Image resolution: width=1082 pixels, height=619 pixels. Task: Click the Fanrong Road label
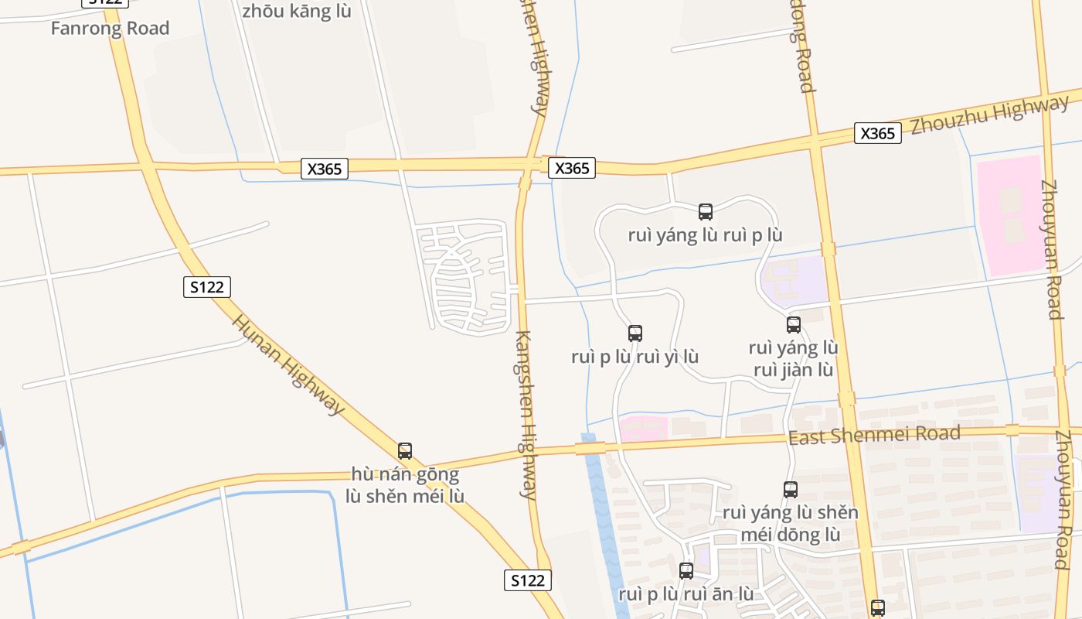pyautogui.click(x=110, y=29)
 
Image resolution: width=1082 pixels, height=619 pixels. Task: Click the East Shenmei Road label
pyautogui.click(x=873, y=435)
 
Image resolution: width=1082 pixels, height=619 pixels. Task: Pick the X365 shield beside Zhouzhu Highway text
pyautogui.click(x=878, y=133)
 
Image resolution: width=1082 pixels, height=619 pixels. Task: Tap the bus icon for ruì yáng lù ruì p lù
pyautogui.click(x=705, y=211)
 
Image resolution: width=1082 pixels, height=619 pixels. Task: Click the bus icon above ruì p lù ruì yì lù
pyautogui.click(x=635, y=333)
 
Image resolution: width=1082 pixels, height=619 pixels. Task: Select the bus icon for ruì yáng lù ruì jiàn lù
pyautogui.click(x=793, y=325)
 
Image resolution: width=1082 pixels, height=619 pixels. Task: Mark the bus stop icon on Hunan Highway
pyautogui.click(x=404, y=451)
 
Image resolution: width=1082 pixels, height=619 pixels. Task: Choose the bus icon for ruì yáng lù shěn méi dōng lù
pyautogui.click(x=790, y=490)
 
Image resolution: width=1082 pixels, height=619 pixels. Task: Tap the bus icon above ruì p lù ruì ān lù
pyautogui.click(x=686, y=571)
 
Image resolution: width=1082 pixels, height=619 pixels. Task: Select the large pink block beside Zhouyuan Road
pyautogui.click(x=1011, y=214)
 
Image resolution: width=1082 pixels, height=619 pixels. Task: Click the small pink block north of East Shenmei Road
pyautogui.click(x=643, y=429)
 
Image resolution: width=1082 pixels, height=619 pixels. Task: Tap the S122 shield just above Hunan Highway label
pyautogui.click(x=207, y=287)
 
